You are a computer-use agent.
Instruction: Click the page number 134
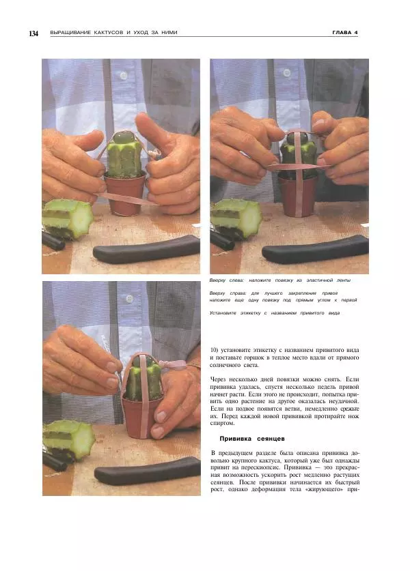click(33, 33)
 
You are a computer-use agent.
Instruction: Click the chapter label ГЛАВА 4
click(344, 33)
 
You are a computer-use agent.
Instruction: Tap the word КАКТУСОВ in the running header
click(109, 33)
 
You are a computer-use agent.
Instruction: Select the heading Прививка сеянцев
click(252, 439)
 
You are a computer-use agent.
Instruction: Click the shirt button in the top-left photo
click(124, 75)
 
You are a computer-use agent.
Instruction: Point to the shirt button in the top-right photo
click(287, 73)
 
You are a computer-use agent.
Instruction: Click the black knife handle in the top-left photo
click(147, 249)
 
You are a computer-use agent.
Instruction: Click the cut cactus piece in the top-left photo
click(67, 219)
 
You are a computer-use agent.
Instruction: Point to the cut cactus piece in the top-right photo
click(236, 218)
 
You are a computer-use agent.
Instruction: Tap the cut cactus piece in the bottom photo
click(68, 440)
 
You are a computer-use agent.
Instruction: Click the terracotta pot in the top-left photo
click(125, 196)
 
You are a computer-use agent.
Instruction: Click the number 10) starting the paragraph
click(214, 350)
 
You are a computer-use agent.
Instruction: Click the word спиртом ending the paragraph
click(222, 424)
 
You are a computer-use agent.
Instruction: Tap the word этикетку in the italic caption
click(250, 313)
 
